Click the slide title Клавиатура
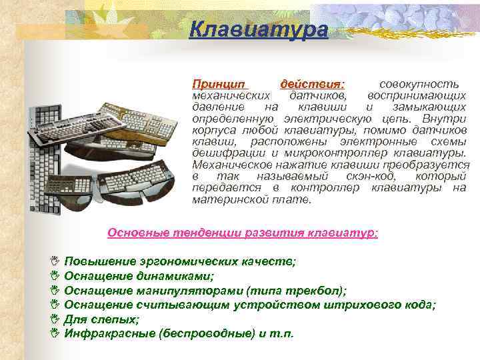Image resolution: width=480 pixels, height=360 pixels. point(258,30)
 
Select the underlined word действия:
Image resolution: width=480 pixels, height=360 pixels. point(312,85)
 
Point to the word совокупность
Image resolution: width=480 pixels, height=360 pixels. point(418,85)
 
